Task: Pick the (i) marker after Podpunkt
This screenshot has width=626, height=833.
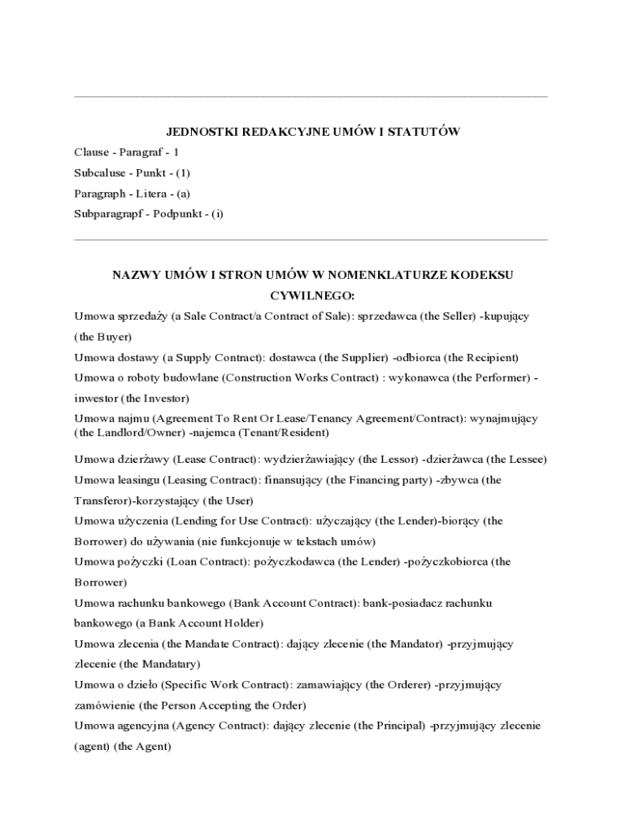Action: coord(216,215)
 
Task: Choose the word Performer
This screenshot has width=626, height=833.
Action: coord(499,378)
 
